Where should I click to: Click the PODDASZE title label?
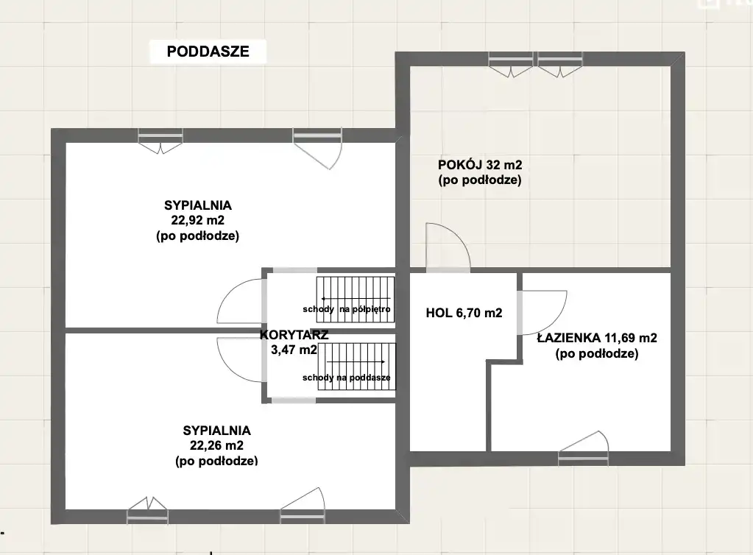pyautogui.click(x=208, y=52)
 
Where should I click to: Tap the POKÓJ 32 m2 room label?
pyautogui.click(x=480, y=172)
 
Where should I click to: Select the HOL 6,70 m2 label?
pyautogui.click(x=464, y=313)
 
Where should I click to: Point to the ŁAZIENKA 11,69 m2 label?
pyautogui.click(x=597, y=346)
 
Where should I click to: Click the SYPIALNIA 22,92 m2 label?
pyautogui.click(x=198, y=220)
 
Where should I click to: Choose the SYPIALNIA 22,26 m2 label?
pyautogui.click(x=216, y=445)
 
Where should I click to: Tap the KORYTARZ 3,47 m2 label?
pyautogui.click(x=294, y=342)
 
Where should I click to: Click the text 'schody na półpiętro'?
pyautogui.click(x=346, y=309)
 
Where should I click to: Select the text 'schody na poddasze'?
pyautogui.click(x=346, y=378)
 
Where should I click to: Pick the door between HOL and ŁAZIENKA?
pyautogui.click(x=542, y=313)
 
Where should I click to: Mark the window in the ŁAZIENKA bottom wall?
pyautogui.click(x=584, y=450)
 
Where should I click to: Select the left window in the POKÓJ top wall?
pyautogui.click(x=511, y=64)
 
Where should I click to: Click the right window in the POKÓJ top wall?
pyautogui.click(x=560, y=64)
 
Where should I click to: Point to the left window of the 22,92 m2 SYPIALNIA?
pyautogui.click(x=160, y=141)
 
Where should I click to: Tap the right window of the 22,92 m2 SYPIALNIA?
pyautogui.click(x=317, y=148)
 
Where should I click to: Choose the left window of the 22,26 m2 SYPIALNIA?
pyautogui.click(x=147, y=511)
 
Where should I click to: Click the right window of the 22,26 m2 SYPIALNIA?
pyautogui.click(x=303, y=506)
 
